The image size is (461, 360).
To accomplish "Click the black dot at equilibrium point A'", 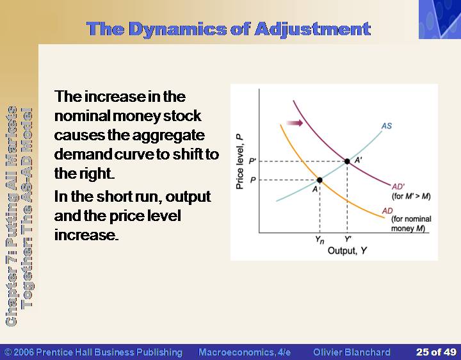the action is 347,161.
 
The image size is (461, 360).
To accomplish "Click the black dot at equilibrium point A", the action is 319,180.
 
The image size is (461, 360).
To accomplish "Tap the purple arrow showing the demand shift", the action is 295,123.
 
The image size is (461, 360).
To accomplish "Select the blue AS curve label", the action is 387,126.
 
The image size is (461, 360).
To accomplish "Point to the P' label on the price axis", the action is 252,161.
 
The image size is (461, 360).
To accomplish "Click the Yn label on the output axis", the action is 319,240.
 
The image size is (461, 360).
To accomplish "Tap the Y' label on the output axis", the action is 348,239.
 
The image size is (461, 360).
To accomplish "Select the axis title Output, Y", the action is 347,250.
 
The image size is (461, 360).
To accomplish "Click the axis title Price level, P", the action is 239,161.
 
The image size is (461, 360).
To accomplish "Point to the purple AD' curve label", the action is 398,187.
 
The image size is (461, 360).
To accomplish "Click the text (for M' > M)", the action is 411,196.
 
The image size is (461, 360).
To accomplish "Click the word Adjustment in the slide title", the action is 312,29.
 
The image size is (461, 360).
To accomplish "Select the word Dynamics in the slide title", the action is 177,29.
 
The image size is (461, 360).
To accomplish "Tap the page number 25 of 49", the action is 436,352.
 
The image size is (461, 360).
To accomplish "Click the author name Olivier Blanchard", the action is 352,352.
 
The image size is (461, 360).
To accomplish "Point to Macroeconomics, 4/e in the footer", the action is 245,352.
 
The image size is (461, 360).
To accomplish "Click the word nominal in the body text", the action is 82,115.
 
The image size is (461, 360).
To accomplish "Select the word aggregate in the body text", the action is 168,136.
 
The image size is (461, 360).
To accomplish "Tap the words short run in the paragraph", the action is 129,197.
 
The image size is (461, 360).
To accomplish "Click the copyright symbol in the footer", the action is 8,352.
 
